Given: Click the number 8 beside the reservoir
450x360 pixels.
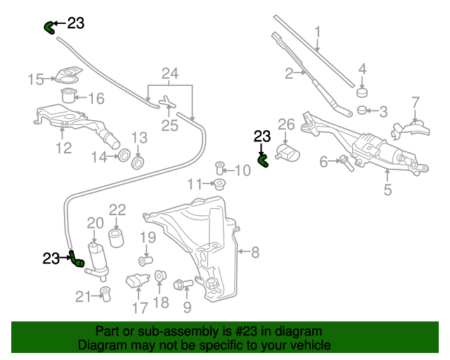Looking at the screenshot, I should pos(255,251).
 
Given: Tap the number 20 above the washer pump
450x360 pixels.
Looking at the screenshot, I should pos(95,223).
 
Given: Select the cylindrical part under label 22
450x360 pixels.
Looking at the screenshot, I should pos(116,237).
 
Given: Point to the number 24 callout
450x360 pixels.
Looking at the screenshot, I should pos(170,73).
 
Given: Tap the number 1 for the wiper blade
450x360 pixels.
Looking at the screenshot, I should pos(318,32).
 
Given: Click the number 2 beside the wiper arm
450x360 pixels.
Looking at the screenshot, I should pos(289,72).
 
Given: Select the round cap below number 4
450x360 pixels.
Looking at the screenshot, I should pos(362,92).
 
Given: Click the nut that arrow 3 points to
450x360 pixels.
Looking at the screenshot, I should pos(362,110).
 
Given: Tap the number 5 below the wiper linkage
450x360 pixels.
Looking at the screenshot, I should pos(387,190).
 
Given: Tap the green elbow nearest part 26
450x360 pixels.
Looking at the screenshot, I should pos(264,161).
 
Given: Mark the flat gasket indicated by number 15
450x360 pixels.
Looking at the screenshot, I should pos(69,75).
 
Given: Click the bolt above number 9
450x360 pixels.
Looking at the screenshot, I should pos(181,285).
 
